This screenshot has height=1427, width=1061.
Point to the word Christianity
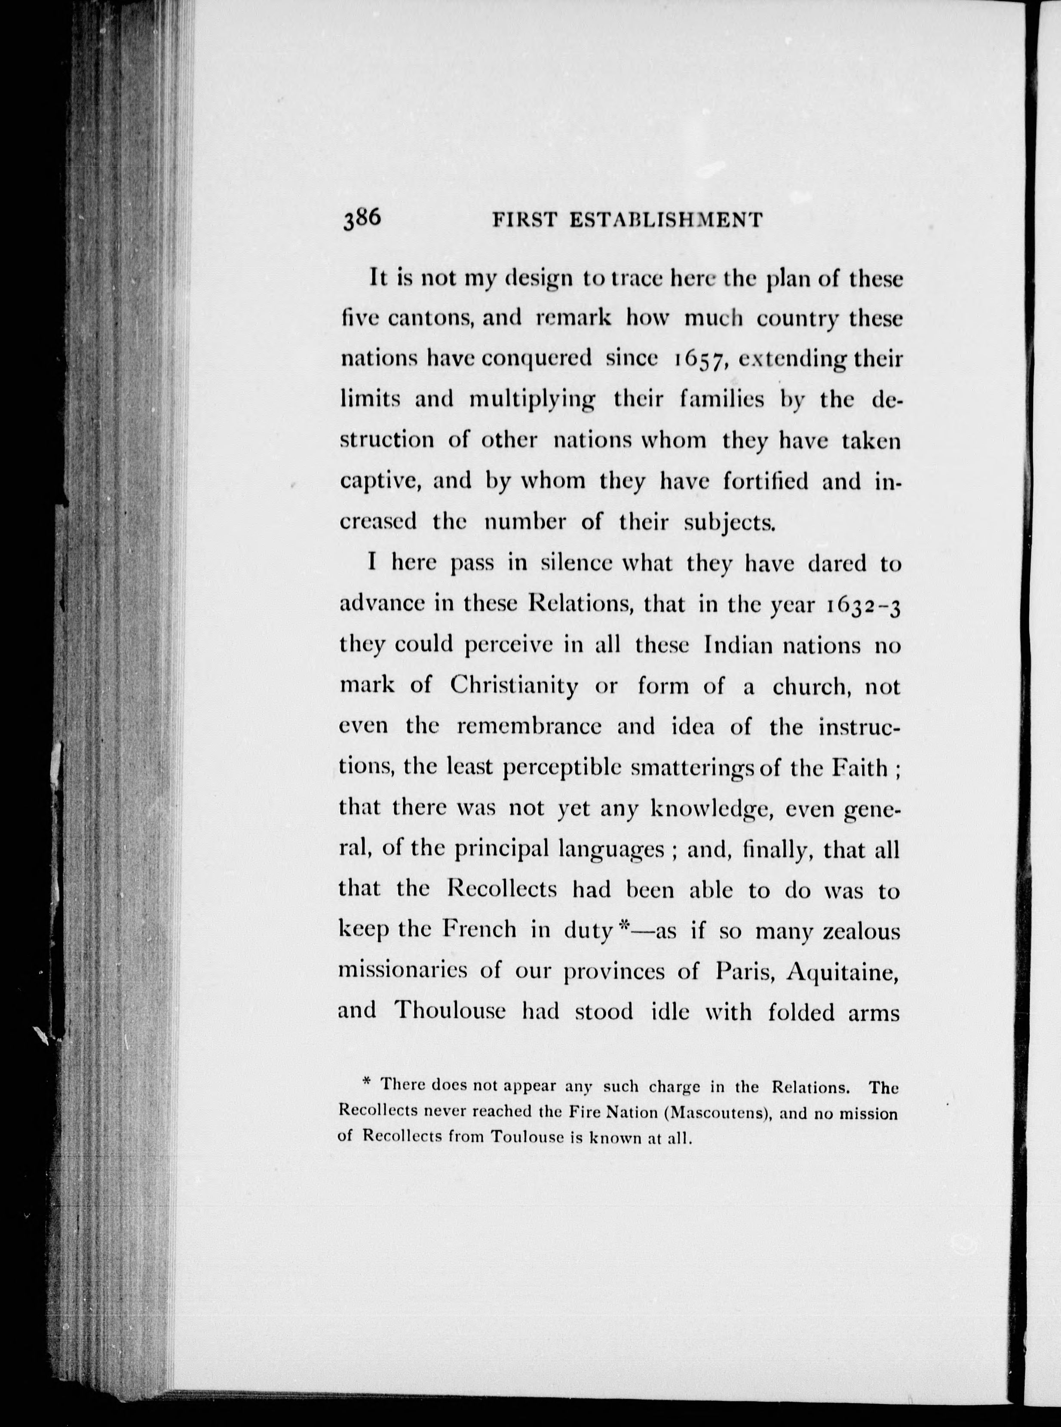[514, 686]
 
